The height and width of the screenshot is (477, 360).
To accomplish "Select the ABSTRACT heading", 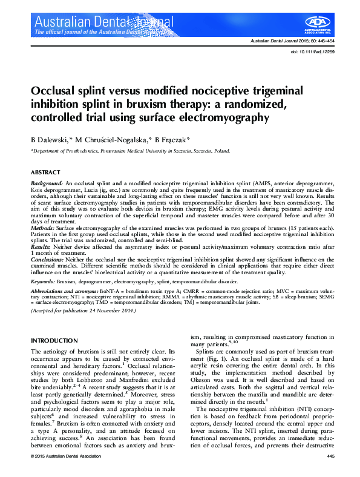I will [x=45, y=173].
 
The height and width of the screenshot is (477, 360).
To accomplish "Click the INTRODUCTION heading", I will [x=54, y=341].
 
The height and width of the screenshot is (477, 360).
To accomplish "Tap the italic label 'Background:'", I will [x=47, y=182].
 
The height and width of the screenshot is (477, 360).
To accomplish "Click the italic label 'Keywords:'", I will [x=43, y=281].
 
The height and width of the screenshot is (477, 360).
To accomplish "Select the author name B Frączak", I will [x=172, y=138].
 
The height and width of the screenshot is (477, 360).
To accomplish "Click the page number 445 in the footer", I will [x=330, y=455].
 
